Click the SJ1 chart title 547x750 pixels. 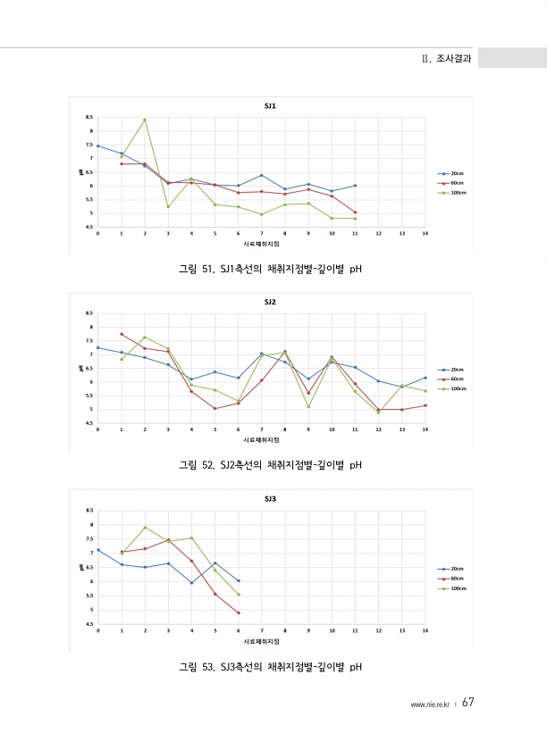(270, 105)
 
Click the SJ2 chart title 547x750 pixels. (270, 302)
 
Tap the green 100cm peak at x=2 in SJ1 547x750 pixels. (145, 120)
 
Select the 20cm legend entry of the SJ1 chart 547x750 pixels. (451, 173)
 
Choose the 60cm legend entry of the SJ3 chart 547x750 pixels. (451, 579)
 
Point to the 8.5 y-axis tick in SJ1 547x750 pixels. (88, 117)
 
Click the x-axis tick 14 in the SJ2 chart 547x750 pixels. (425, 429)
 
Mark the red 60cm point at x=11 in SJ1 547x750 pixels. (356, 212)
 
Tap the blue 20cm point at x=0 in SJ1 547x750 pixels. (97, 146)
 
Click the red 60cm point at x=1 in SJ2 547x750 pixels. (122, 334)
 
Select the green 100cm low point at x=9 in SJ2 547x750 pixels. (308, 407)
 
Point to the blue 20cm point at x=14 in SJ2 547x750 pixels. (425, 378)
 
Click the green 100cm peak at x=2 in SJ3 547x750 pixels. (145, 528)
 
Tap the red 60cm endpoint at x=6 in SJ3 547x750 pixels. (239, 612)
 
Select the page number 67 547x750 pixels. (467, 703)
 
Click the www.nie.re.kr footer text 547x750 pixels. (428, 704)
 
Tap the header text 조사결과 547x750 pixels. (451, 58)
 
